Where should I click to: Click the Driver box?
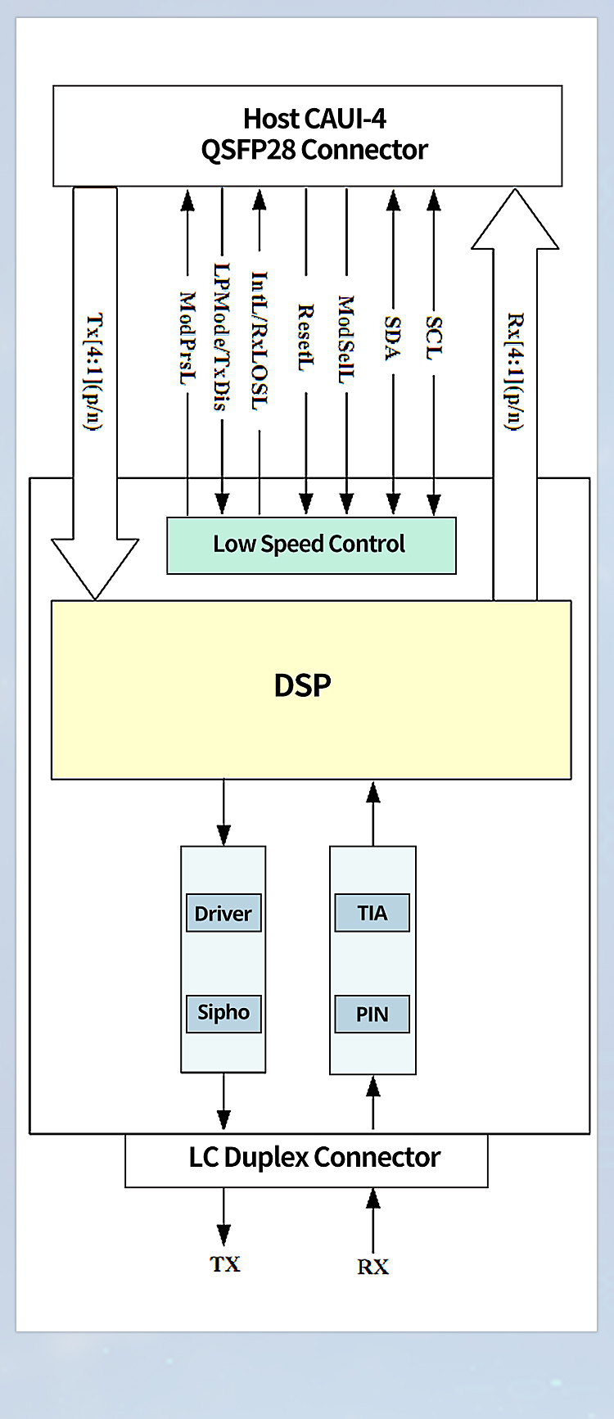(223, 913)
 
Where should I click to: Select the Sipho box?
(223, 1013)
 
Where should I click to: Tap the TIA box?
(372, 913)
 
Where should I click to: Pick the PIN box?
(372, 1015)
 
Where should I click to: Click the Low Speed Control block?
(310, 545)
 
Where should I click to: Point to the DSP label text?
(302, 685)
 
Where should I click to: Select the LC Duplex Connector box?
(314, 1158)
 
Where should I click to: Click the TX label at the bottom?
(224, 1264)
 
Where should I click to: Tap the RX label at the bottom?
(372, 1267)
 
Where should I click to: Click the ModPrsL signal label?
(187, 338)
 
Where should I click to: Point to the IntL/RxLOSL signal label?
(259, 341)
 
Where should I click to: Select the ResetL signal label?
(305, 337)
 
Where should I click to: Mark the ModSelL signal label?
(346, 339)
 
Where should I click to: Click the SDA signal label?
(393, 338)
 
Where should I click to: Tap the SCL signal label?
(434, 338)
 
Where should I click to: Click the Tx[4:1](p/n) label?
(95, 371)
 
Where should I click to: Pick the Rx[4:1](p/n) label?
(515, 370)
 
